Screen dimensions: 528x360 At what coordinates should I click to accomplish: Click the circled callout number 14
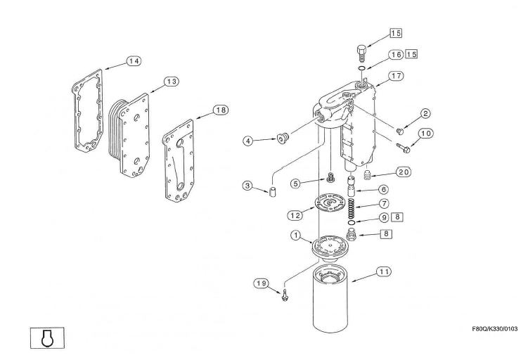coord(134,61)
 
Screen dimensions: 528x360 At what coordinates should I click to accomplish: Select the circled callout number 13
coord(172,82)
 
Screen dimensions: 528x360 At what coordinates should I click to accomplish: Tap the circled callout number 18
coord(221,110)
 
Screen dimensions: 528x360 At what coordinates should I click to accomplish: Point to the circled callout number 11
coord(384,271)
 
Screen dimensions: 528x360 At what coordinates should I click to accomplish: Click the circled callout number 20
coord(403,172)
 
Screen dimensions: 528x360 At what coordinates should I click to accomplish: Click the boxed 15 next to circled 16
coord(411,54)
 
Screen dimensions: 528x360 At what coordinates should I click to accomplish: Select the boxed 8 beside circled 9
coord(397,217)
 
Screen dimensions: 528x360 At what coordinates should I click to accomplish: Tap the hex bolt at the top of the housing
coord(361,53)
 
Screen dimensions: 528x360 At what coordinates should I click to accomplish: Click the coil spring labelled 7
coord(351,208)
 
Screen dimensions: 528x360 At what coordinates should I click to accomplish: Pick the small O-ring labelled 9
coord(352,223)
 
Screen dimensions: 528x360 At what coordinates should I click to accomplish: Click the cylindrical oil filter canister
coord(330,297)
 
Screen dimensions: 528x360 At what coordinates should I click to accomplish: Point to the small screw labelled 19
coord(284,295)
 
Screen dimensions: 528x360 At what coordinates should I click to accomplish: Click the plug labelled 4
coord(282,138)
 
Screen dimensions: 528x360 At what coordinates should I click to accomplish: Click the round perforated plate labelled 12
coord(330,202)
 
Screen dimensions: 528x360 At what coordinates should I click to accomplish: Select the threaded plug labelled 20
coord(367,175)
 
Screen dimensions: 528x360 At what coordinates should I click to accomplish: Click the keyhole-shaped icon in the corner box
coord(48,337)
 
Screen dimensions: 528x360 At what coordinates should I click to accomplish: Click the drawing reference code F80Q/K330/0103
coord(495,329)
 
